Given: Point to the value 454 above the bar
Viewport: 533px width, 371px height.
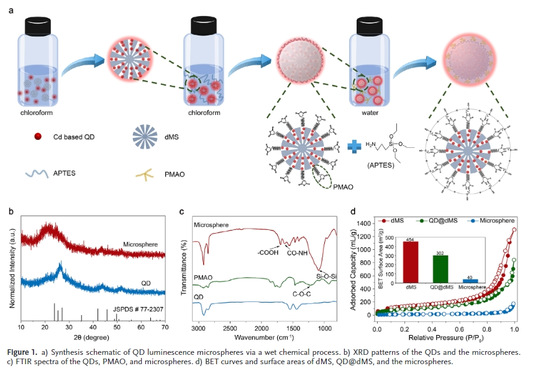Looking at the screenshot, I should (411, 239).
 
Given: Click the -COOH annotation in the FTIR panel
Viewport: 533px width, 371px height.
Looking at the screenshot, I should (269, 252).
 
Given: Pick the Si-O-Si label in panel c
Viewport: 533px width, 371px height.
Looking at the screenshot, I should (327, 276).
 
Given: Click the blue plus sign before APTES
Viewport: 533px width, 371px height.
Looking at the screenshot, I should (353, 146).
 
